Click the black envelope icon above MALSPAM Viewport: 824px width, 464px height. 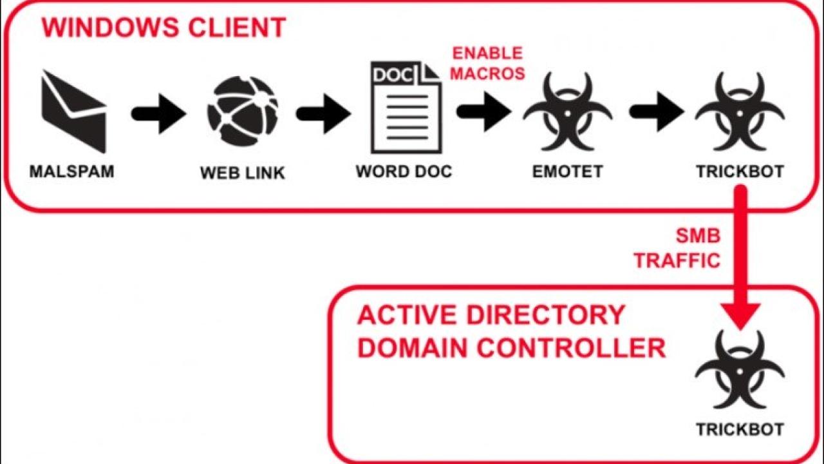pyautogui.click(x=74, y=112)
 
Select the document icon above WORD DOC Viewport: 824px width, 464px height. pyautogui.click(x=406, y=107)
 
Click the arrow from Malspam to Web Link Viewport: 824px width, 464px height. pyautogui.click(x=159, y=114)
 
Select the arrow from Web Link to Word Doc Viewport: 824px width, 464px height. pyautogui.click(x=324, y=114)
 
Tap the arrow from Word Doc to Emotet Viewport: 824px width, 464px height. pyautogui.click(x=484, y=111)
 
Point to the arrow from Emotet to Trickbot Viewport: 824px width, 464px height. pyautogui.click(x=657, y=111)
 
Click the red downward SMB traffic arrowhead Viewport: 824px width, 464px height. pyautogui.click(x=740, y=316)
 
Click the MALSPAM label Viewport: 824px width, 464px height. pyautogui.click(x=71, y=171)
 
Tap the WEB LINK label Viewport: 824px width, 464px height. pyautogui.click(x=243, y=173)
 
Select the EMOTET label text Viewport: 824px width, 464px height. pyautogui.click(x=568, y=171)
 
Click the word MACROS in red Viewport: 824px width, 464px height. pyautogui.click(x=488, y=74)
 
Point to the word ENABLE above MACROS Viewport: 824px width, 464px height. pyautogui.click(x=487, y=53)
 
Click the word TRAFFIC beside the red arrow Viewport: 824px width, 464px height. pyautogui.click(x=677, y=261)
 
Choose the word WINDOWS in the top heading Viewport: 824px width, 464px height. pyautogui.click(x=109, y=27)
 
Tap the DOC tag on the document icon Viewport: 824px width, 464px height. pyautogui.click(x=393, y=75)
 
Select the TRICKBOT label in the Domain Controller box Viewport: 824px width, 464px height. pyautogui.click(x=740, y=430)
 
